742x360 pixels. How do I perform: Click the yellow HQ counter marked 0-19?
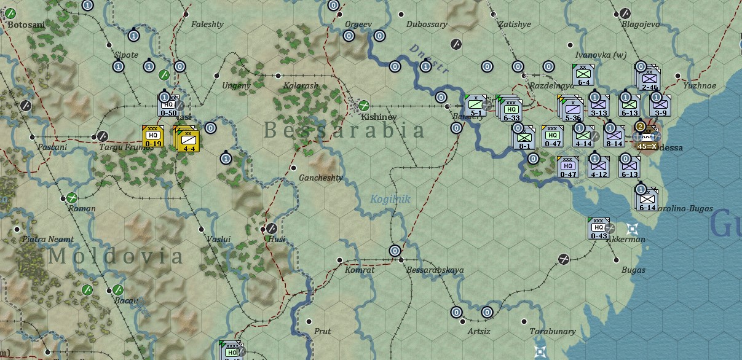click(x=152, y=137)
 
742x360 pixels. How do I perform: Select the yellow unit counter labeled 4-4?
click(x=189, y=141)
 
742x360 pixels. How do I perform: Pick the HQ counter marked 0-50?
click(x=169, y=106)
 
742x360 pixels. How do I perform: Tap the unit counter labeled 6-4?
click(x=583, y=75)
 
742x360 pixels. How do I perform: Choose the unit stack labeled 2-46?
click(x=649, y=80)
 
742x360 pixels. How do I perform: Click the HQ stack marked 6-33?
click(x=511, y=111)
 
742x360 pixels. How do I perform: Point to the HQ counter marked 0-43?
click(x=599, y=229)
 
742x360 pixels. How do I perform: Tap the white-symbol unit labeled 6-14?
click(x=647, y=200)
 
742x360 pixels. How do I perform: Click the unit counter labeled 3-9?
click(x=660, y=106)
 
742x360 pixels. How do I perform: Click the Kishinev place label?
click(x=379, y=117)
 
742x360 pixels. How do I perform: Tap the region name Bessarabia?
click(x=344, y=130)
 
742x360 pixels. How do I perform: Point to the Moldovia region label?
click(x=116, y=256)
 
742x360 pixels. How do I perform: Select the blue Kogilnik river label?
click(x=390, y=198)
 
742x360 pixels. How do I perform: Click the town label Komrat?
click(x=360, y=270)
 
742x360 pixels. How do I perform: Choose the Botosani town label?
click(x=26, y=25)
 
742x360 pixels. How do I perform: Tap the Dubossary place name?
click(x=427, y=25)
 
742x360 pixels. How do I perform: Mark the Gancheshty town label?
click(x=320, y=178)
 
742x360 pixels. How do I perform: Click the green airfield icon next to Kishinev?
click(x=364, y=105)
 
